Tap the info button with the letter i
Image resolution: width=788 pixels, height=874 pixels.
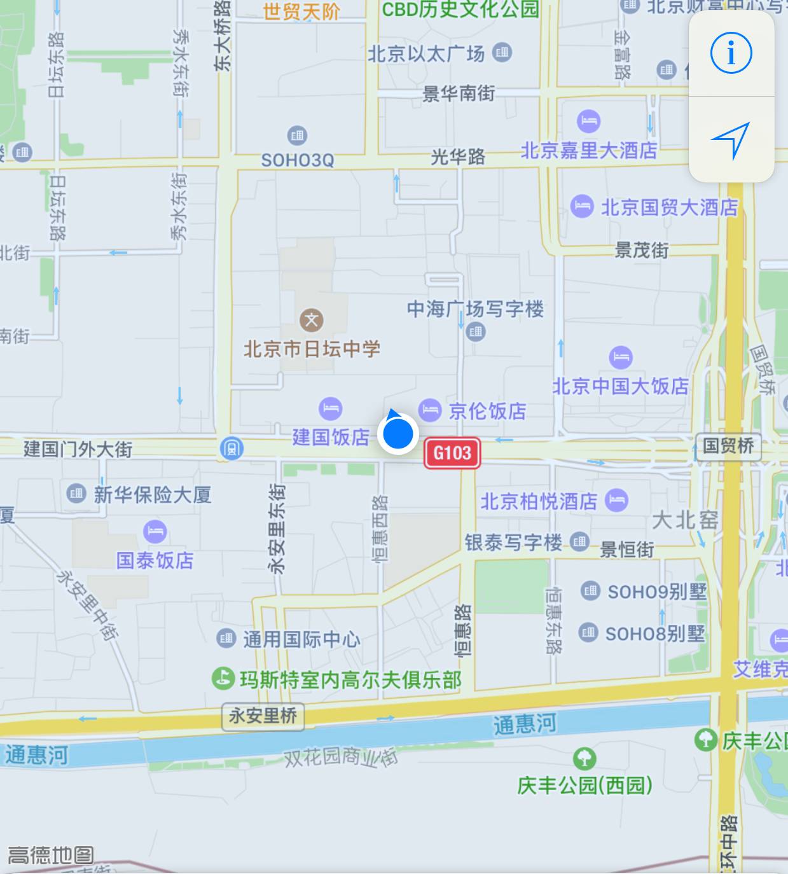[731, 53]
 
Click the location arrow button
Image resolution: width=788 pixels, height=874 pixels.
[731, 139]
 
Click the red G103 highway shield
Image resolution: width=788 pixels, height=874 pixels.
[452, 453]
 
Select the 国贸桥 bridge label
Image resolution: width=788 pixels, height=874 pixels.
[728, 445]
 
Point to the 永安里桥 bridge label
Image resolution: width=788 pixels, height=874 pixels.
[263, 716]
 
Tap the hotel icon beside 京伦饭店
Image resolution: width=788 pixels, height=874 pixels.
[430, 410]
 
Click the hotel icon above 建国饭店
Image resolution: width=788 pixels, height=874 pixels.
[330, 408]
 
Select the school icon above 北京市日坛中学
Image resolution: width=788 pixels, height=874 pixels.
[312, 319]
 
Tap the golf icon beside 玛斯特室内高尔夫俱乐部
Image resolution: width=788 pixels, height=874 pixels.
[223, 678]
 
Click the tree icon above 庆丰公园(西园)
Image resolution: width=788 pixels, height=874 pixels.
[584, 758]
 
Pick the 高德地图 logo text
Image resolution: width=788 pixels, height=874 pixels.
[51, 855]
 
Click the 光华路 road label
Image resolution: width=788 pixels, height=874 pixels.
[458, 156]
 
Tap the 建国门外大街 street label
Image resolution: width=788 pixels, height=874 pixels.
[78, 449]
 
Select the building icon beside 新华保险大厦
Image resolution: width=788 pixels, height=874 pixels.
[76, 493]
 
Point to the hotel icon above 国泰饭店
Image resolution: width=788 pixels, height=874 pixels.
[155, 531]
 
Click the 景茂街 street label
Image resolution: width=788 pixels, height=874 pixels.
[641, 250]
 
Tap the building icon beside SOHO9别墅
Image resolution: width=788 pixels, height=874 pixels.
[590, 590]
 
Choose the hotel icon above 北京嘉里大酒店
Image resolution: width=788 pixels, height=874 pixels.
[588, 120]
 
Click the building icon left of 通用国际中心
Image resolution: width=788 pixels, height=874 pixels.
[226, 638]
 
